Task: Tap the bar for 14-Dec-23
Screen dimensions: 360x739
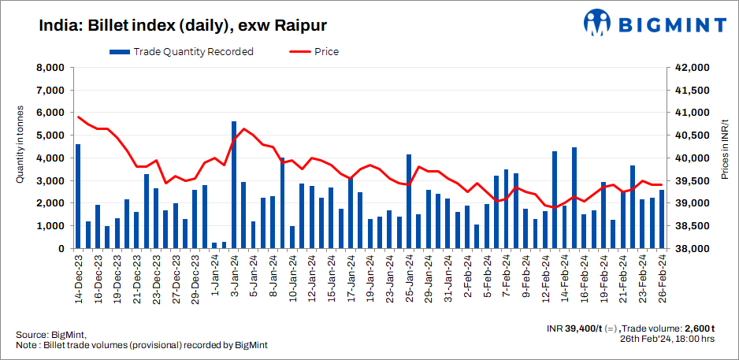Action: tap(78, 196)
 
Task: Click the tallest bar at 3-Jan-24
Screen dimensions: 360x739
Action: tap(234, 185)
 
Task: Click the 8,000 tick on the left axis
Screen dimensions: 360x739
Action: tap(49, 68)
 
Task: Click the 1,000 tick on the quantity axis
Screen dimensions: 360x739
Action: tap(49, 226)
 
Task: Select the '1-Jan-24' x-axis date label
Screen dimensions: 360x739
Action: tap(215, 275)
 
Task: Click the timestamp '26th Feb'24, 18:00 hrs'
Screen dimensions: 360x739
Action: tap(667, 339)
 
